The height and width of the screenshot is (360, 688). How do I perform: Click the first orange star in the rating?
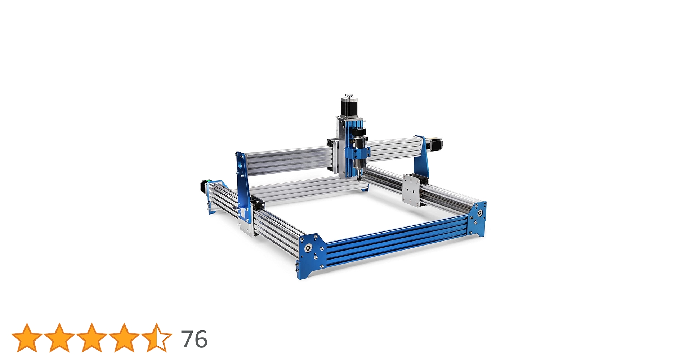(x=27, y=338)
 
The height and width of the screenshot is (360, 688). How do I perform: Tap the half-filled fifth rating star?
(x=156, y=338)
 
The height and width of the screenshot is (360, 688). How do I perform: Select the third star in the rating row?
(x=91, y=338)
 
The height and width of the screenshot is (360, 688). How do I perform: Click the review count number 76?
(x=194, y=339)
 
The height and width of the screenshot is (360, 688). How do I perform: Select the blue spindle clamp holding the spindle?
(x=357, y=153)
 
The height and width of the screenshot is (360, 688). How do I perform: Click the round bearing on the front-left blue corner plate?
(x=308, y=248)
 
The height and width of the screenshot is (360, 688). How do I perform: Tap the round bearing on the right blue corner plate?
(x=480, y=213)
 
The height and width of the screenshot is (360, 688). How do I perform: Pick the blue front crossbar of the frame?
(x=396, y=238)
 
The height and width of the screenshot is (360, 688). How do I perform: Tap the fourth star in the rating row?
(x=124, y=338)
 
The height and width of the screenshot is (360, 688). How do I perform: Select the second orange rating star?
(x=59, y=338)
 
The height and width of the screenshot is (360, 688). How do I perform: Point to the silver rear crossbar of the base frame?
(x=306, y=187)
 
